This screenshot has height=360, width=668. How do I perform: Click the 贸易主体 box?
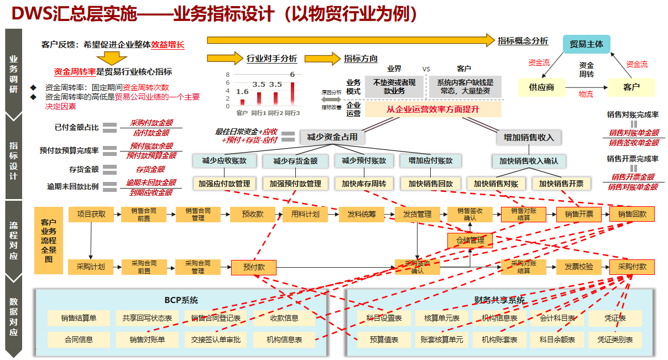[x=586, y=44]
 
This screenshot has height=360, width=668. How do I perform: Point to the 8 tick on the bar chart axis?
[x=227, y=75]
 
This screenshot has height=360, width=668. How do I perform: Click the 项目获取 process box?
[x=91, y=214]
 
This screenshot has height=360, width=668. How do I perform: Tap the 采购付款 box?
[x=632, y=267]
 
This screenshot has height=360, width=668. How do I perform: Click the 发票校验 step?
[x=578, y=267]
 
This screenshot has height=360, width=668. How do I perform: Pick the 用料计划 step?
[x=305, y=214]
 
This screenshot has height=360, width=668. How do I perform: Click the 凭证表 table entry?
[x=615, y=318]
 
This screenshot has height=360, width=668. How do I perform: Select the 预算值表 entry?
[x=384, y=340]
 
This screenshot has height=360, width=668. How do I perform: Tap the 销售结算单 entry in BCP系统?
[x=79, y=318]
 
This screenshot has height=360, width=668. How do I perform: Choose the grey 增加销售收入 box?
[x=529, y=137]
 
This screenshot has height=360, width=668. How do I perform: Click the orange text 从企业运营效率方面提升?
[x=432, y=109]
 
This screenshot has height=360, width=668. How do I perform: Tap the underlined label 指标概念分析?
[x=523, y=41]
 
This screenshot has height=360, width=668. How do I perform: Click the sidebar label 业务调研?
[x=14, y=75]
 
